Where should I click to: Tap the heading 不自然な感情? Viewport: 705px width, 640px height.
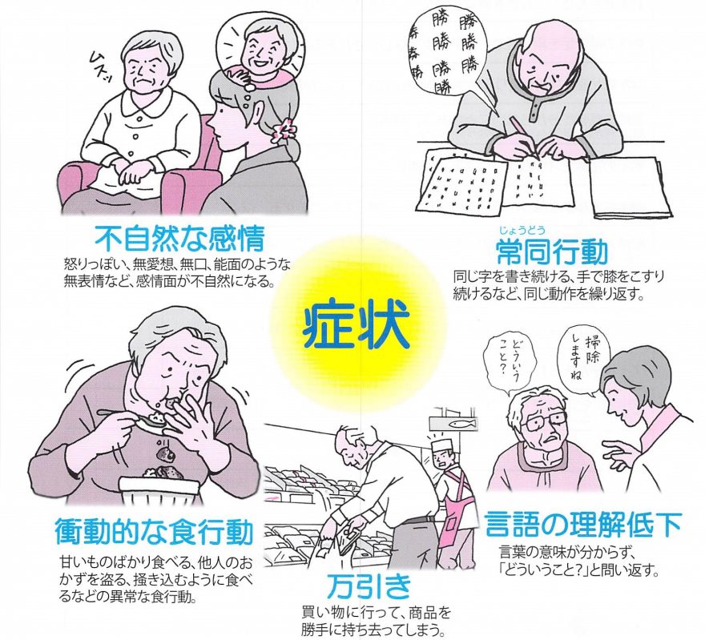pyautogui.click(x=179, y=239)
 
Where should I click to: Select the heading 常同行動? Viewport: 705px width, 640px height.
pyautogui.click(x=552, y=252)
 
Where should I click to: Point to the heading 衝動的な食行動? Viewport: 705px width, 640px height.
pyautogui.click(x=154, y=532)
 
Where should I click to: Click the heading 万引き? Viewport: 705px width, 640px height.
pyautogui.click(x=369, y=586)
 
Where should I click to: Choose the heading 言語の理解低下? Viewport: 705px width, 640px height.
pyautogui.click(x=582, y=524)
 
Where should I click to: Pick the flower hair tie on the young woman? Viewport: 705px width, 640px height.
pyautogui.click(x=286, y=131)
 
